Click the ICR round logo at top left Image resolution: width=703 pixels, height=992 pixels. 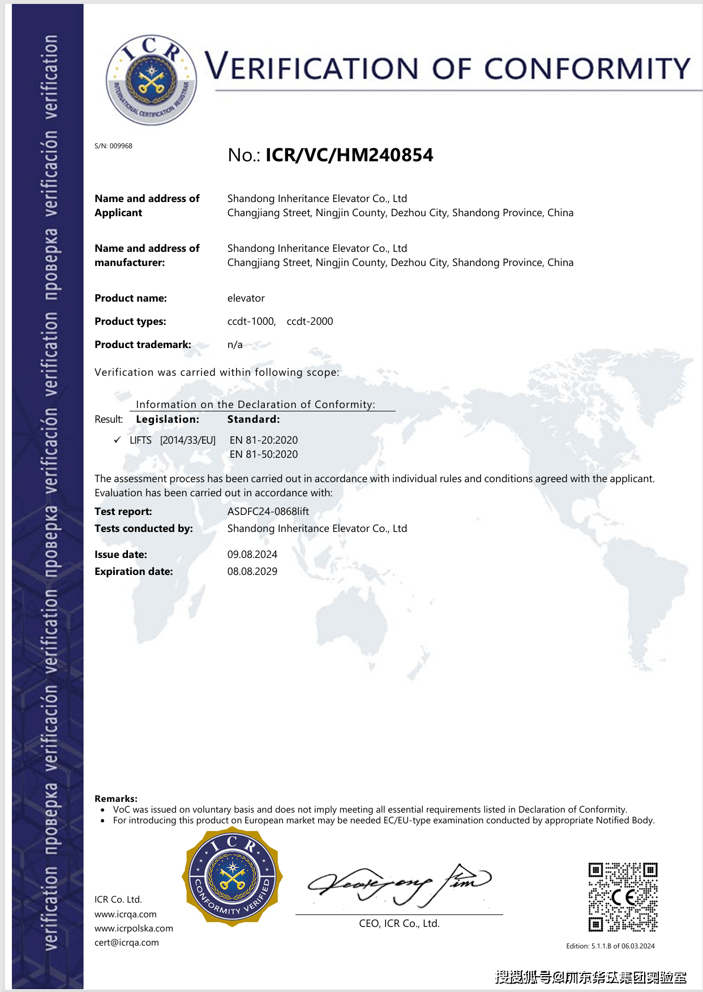click(x=151, y=80)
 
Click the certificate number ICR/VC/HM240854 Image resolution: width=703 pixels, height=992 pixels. click(x=349, y=155)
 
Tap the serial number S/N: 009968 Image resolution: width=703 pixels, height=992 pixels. click(x=113, y=146)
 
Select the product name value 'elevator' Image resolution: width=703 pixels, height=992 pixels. click(x=246, y=298)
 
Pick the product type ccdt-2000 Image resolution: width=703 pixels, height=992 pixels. click(x=310, y=321)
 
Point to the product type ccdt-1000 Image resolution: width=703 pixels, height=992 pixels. click(x=251, y=321)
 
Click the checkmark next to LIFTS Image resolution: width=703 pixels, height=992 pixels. click(x=117, y=440)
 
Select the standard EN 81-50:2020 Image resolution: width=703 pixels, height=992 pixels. click(x=263, y=454)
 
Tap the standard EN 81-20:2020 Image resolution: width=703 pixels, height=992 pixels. click(x=263, y=440)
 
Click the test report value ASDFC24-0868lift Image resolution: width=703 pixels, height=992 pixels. click(x=268, y=512)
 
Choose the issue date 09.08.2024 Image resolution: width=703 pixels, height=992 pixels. click(x=252, y=555)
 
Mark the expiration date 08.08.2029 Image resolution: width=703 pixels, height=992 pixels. click(x=252, y=572)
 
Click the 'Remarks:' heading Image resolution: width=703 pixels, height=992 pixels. click(x=116, y=798)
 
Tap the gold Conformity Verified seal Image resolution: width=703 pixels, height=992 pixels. click(x=232, y=877)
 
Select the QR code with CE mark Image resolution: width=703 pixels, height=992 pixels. click(x=623, y=897)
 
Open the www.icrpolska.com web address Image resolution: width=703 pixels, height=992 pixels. click(x=134, y=928)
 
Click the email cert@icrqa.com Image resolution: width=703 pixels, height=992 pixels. click(x=127, y=942)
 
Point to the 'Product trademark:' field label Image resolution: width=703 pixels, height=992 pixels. click(x=143, y=345)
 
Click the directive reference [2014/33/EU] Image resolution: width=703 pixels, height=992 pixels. click(x=188, y=440)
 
